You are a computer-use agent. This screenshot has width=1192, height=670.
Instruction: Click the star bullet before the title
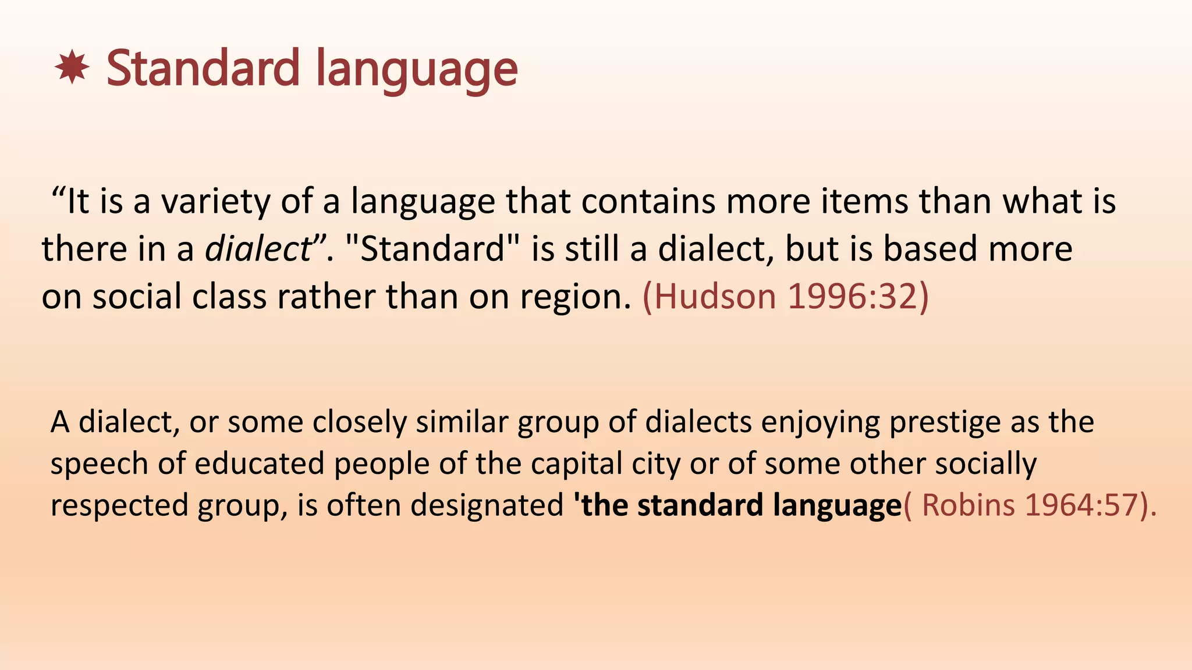72,68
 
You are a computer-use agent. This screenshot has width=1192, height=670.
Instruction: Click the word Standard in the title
202,69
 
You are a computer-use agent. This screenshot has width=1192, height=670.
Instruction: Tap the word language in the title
417,71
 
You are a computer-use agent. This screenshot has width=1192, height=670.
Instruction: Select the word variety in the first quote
215,202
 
